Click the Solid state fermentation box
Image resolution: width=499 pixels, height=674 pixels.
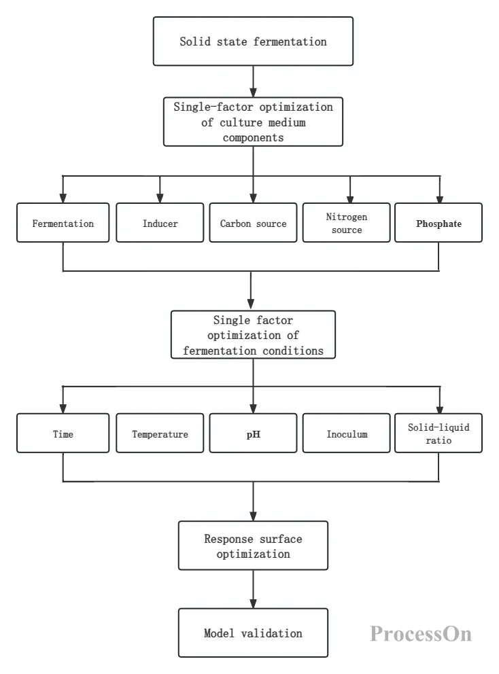[253, 41]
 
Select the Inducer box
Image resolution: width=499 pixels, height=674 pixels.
[160, 223]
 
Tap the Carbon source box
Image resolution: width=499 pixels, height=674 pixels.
[253, 223]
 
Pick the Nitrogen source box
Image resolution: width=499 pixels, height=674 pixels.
[346, 223]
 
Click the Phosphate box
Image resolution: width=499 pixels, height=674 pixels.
[438, 223]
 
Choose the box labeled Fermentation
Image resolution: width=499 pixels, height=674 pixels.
[63, 223]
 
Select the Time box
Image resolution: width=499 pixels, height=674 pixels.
[63, 433]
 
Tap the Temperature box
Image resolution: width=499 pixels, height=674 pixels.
[160, 433]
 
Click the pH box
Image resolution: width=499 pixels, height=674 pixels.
[253, 433]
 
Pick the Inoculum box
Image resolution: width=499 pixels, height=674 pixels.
[346, 433]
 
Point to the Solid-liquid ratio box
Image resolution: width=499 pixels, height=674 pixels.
[438, 433]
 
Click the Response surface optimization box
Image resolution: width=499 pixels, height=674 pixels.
[253, 546]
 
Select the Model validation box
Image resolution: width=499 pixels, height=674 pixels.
[253, 633]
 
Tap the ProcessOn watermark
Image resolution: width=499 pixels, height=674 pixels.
[421, 634]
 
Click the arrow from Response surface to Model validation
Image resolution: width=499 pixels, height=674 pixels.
[253, 589]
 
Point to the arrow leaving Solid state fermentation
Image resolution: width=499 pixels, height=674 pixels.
[253, 82]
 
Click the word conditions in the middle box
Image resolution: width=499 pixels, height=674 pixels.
[293, 351]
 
